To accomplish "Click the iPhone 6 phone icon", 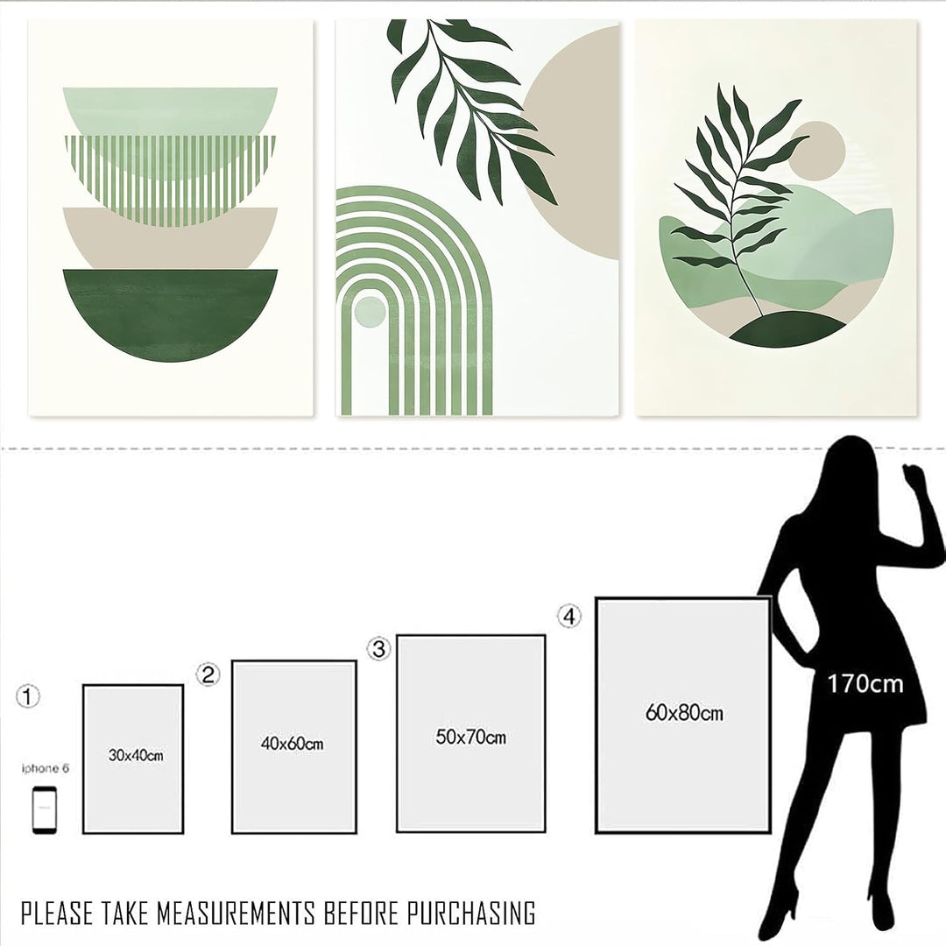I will (45, 810).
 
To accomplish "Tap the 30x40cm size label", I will (136, 754).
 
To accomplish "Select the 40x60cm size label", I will (293, 744).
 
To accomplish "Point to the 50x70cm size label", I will (470, 737).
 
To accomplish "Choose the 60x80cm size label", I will (684, 713).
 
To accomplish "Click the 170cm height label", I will (865, 683).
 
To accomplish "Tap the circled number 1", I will (29, 697).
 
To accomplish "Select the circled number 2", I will (208, 674).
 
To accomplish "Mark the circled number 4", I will (569, 617).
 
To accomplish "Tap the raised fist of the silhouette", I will (915, 478).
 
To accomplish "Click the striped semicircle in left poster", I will (170, 175).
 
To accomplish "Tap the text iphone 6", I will (45, 768).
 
